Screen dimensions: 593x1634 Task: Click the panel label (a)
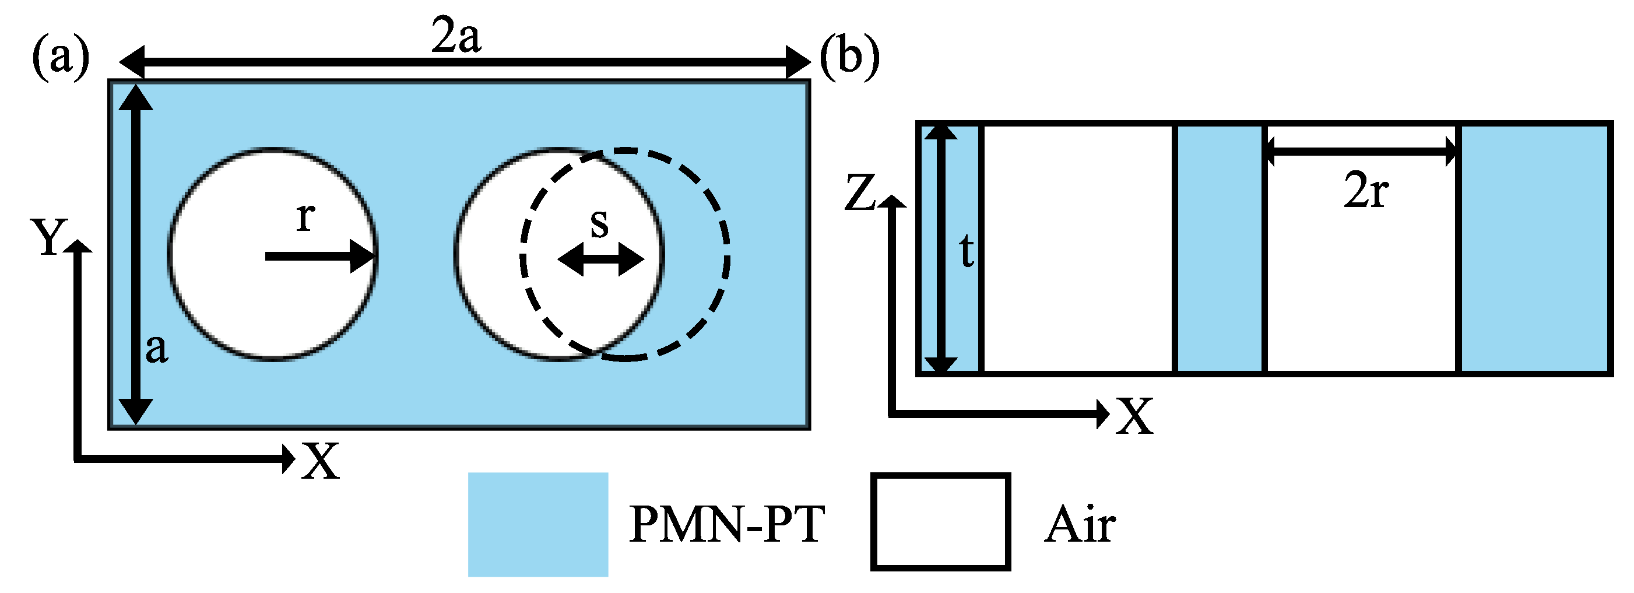[61, 58]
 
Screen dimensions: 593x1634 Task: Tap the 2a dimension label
[455, 36]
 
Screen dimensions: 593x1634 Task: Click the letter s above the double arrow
[599, 223]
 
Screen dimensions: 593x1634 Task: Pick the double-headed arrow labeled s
[600, 259]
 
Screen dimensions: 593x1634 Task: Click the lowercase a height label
[157, 348]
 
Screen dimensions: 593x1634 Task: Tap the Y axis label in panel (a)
[50, 238]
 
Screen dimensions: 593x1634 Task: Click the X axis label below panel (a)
[321, 461]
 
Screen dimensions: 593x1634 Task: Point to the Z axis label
[860, 193]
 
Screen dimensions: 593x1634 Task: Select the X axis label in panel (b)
[1134, 417]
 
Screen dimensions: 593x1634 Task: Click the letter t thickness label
[966, 251]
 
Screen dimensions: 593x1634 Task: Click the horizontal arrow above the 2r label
[1361, 151]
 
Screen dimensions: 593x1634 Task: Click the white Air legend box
[940, 521]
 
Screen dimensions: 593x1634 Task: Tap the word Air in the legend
[1080, 525]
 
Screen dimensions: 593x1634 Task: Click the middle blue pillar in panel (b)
[1219, 247]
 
